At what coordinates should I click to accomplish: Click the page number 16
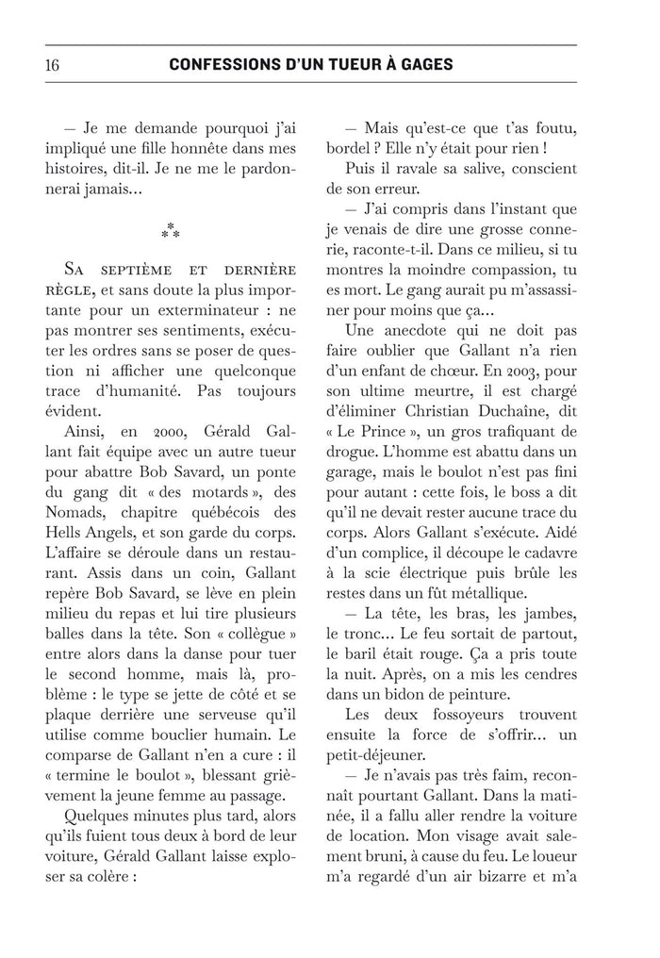pyautogui.click(x=53, y=65)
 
